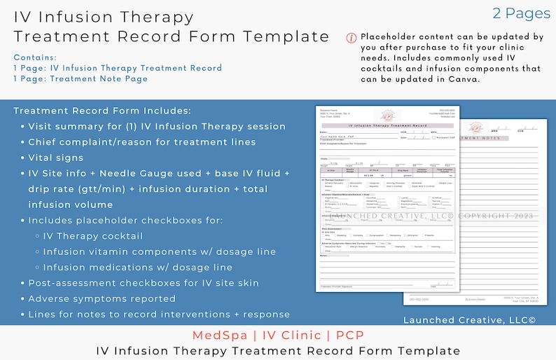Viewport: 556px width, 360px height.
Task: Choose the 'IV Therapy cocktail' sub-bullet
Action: click(92, 236)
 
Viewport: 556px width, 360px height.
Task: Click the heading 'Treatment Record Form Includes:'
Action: click(102, 111)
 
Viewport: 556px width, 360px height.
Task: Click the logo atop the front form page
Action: click(387, 116)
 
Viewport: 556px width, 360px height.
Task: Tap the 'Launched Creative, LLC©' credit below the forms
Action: click(469, 319)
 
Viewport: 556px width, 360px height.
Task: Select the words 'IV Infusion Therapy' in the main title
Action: click(104, 17)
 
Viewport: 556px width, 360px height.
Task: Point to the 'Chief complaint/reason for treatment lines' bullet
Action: click(141, 142)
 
